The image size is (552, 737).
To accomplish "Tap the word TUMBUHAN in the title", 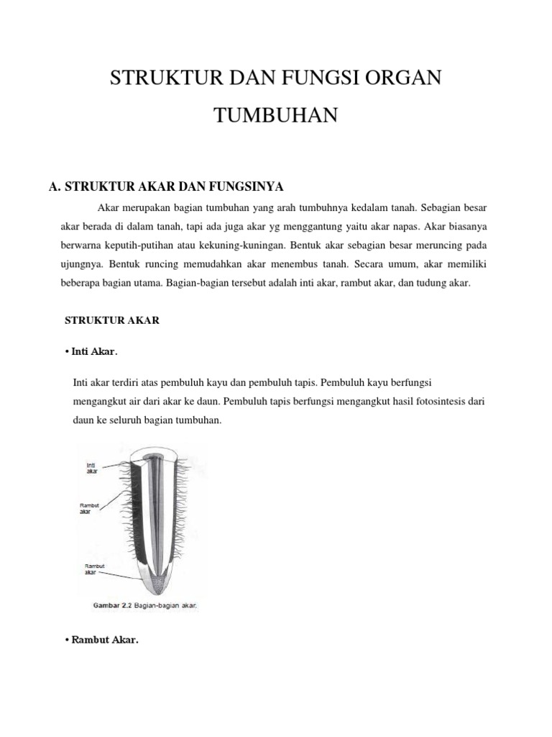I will tap(275, 115).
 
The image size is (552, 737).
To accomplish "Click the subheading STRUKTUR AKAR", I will tap(112, 321).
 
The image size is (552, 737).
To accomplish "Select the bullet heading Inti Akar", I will tap(93, 352).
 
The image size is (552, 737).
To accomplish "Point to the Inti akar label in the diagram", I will tap(92, 468).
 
